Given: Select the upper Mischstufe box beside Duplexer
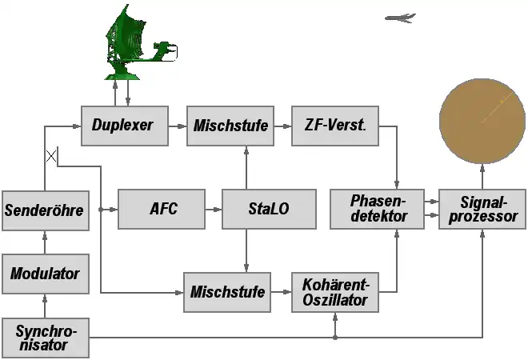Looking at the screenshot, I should pyautogui.click(x=229, y=125).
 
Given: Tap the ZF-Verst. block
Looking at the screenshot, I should pyautogui.click(x=334, y=125).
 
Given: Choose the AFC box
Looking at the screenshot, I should pyautogui.click(x=162, y=210).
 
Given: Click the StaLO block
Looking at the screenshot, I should pyautogui.click(x=267, y=210).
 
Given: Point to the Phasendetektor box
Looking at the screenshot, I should pyautogui.click(x=377, y=209).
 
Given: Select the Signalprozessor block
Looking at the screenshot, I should pyautogui.click(x=482, y=209).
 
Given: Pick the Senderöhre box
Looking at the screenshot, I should pyautogui.click(x=45, y=210).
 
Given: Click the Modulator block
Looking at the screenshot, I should pyautogui.click(x=45, y=274).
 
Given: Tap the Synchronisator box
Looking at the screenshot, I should pyautogui.click(x=45, y=337).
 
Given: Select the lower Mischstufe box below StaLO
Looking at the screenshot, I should pyautogui.click(x=227, y=292).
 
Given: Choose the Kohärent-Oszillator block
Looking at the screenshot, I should pyautogui.click(x=334, y=292).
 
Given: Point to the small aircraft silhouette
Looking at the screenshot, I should pyautogui.click(x=400, y=18).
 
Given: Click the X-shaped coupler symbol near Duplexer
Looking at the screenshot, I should pyautogui.click(x=51, y=156).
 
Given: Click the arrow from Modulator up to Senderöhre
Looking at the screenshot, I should pyautogui.click(x=45, y=242).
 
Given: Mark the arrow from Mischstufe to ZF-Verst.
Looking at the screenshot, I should pyautogui.click(x=282, y=126).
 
